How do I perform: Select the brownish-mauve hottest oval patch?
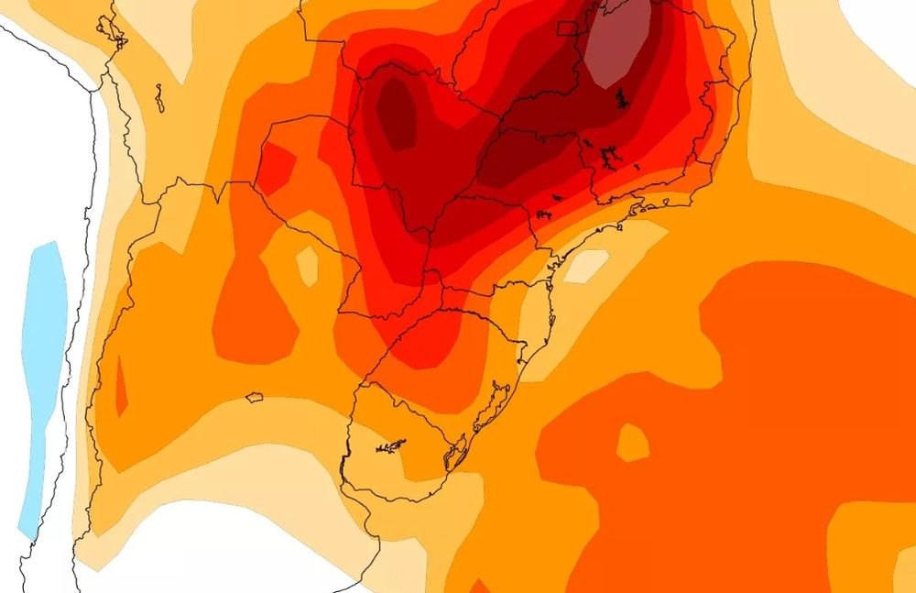click(620, 43)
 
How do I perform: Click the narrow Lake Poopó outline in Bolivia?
click(159, 97)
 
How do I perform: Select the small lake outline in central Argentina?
click(254, 398)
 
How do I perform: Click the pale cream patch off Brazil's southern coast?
click(585, 266)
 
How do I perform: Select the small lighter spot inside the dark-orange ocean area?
click(632, 443)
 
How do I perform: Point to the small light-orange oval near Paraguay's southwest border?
click(308, 265)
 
